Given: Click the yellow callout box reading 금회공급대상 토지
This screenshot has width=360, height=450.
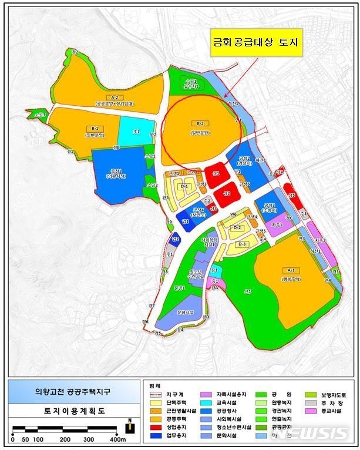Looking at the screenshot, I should tap(257, 43).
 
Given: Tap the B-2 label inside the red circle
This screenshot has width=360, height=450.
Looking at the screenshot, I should tap(200, 123).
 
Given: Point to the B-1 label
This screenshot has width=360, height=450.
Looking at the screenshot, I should tap(94, 127).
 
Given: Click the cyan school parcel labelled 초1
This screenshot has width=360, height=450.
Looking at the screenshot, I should tap(137, 132).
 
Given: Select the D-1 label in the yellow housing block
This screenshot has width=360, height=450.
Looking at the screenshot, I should tap(184, 186).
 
